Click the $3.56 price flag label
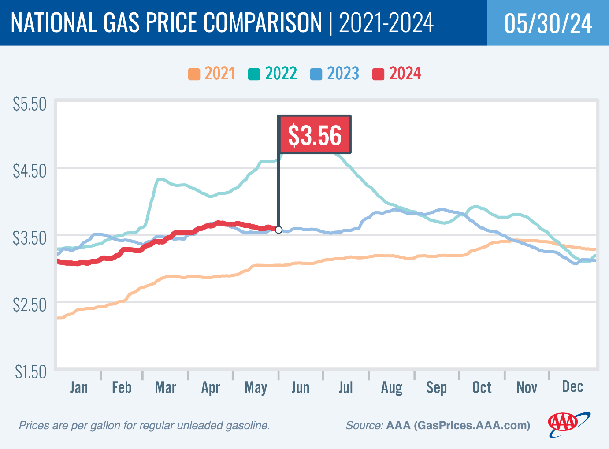[x=314, y=135]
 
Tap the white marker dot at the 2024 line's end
[x=279, y=230]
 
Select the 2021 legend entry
[x=212, y=74]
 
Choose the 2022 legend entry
[x=273, y=74]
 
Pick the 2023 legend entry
[x=335, y=74]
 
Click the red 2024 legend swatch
[x=378, y=74]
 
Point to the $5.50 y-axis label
[x=30, y=104]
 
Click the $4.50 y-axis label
[x=30, y=171]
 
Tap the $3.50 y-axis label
[x=30, y=238]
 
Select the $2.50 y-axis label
[x=30, y=305]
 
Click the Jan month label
[x=79, y=387]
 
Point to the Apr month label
[x=211, y=388]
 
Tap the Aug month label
[x=392, y=388]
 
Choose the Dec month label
[x=572, y=387]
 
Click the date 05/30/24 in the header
[x=548, y=23]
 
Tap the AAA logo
[x=567, y=424]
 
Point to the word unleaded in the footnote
[x=201, y=426]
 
